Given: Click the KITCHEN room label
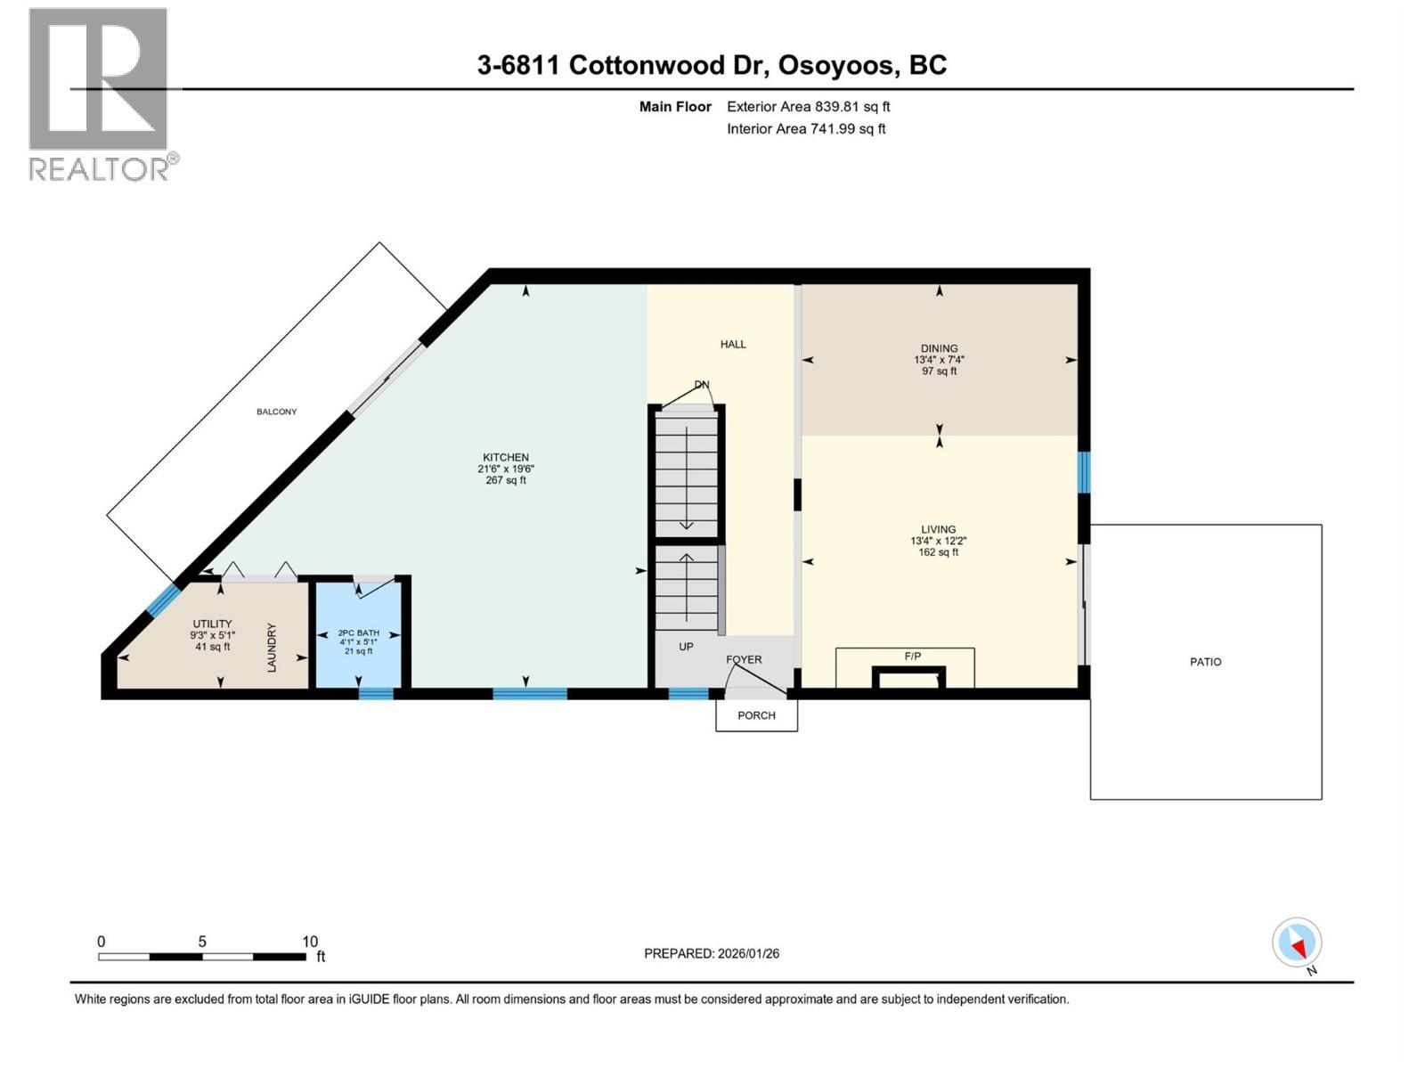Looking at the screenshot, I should pyautogui.click(x=505, y=458).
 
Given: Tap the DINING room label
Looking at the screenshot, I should pyautogui.click(x=939, y=348).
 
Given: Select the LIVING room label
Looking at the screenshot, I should pyautogui.click(x=938, y=529).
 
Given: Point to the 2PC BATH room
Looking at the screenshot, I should pyautogui.click(x=358, y=633).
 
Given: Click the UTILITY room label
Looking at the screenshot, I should pyautogui.click(x=212, y=624).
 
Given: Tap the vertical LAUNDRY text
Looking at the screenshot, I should pyautogui.click(x=273, y=648).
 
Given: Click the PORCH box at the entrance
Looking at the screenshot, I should pyautogui.click(x=756, y=715).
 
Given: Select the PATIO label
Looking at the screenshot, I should pyautogui.click(x=1205, y=662).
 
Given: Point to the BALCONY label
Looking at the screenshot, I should pyautogui.click(x=276, y=412).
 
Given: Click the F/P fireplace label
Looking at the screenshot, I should pyautogui.click(x=912, y=657).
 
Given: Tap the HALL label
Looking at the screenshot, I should pyautogui.click(x=733, y=344).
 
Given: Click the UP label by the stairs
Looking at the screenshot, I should pyautogui.click(x=686, y=647).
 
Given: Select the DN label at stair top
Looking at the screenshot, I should pyautogui.click(x=702, y=385).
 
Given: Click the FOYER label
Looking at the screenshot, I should pyautogui.click(x=744, y=660).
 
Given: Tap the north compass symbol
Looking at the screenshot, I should pyautogui.click(x=1297, y=943).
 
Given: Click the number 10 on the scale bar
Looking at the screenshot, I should pyautogui.click(x=309, y=942).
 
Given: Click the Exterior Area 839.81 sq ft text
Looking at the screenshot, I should pyautogui.click(x=808, y=107).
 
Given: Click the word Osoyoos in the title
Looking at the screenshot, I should pyautogui.click(x=838, y=65).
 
